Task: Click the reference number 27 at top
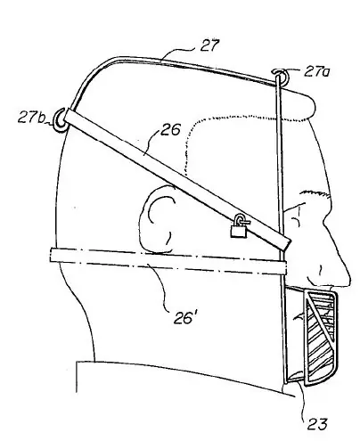pyautogui.click(x=209, y=45)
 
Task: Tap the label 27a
pyautogui.click(x=316, y=71)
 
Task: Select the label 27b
pyautogui.click(x=31, y=118)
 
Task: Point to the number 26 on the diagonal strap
pyautogui.click(x=170, y=129)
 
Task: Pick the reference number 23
pyautogui.click(x=317, y=423)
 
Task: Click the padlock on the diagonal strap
pyautogui.click(x=240, y=226)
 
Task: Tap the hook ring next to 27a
pyautogui.click(x=281, y=75)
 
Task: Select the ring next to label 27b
pyautogui.click(x=60, y=120)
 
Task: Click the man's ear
pyautogui.click(x=157, y=218)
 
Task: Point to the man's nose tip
pyautogui.click(x=348, y=279)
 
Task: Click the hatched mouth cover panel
pyautogui.click(x=321, y=339)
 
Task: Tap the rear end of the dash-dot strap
pyautogui.click(x=51, y=255)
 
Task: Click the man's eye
pyautogui.click(x=296, y=220)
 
